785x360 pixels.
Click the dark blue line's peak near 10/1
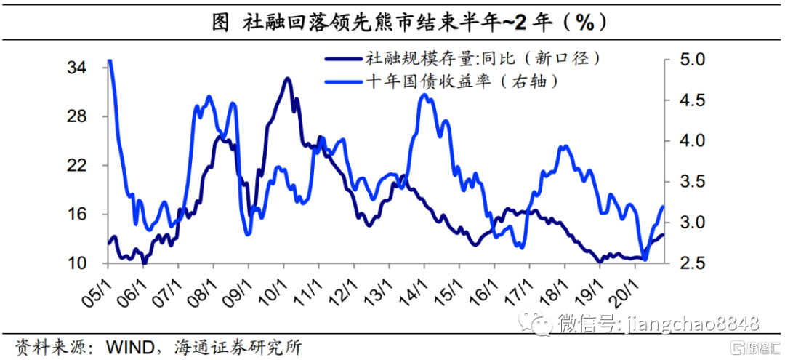(x=287, y=79)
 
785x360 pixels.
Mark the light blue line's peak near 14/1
(x=425, y=95)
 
